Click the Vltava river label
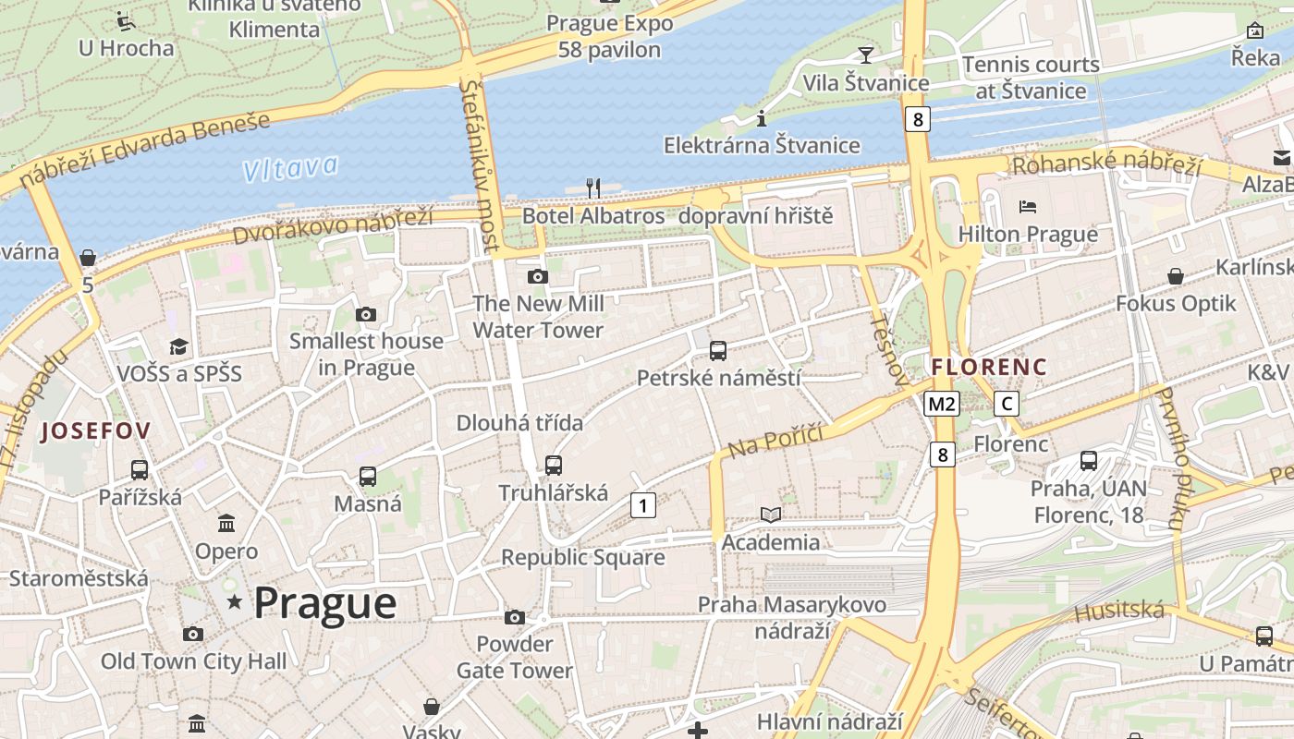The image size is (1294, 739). coord(289,167)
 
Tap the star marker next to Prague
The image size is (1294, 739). coord(235,602)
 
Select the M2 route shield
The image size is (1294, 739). coord(942,404)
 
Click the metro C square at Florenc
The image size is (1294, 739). coord(1007,404)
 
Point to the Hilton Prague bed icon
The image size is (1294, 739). coord(1028,205)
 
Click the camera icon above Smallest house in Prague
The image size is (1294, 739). coord(366,315)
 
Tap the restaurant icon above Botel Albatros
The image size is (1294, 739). coord(593,188)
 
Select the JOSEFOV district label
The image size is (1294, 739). coord(95,430)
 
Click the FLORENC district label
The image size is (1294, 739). coord(989,367)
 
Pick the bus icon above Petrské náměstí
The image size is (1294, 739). coord(718,351)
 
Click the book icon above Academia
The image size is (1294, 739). coord(770,515)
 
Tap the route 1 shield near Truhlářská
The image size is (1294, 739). coord(643,505)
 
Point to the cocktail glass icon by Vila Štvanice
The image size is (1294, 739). coord(865,55)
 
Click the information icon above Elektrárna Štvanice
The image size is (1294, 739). coord(762,118)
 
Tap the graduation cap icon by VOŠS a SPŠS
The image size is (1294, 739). coord(178,346)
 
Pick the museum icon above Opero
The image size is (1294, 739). coord(226,525)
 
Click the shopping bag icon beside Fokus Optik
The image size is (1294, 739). coord(1176,276)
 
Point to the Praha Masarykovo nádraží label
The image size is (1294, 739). coord(791,617)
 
